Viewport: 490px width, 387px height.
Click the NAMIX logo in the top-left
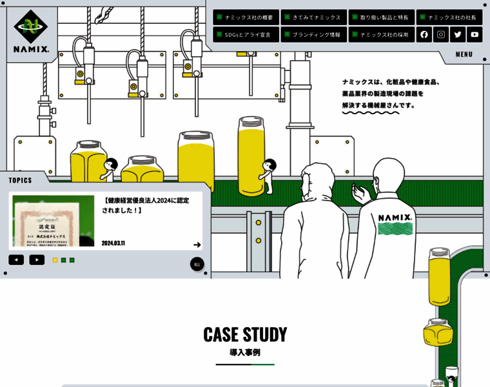tap(31, 31)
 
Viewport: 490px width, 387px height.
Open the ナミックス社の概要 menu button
tap(246, 17)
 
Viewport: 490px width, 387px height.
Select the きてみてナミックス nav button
tap(313, 17)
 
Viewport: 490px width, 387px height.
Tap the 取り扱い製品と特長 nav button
tap(381, 17)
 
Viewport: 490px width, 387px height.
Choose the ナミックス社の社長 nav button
tap(449, 17)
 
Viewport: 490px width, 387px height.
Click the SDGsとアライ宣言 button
tap(246, 34)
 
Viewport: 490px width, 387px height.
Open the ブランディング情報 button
tap(313, 34)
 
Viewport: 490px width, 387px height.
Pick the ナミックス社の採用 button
tap(381, 34)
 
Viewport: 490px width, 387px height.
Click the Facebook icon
tap(424, 34)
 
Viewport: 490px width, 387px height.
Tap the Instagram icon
tap(441, 34)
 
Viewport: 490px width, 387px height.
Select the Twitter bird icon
tap(458, 34)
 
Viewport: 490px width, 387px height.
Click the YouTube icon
tap(475, 34)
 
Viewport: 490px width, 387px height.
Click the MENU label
tap(464, 54)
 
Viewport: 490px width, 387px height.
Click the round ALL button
tap(197, 264)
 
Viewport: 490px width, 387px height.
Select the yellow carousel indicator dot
tap(55, 260)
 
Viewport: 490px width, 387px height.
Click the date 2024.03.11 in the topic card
tap(113, 243)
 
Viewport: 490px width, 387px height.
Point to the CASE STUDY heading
tap(245, 334)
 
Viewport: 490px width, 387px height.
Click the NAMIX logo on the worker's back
tap(395, 218)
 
